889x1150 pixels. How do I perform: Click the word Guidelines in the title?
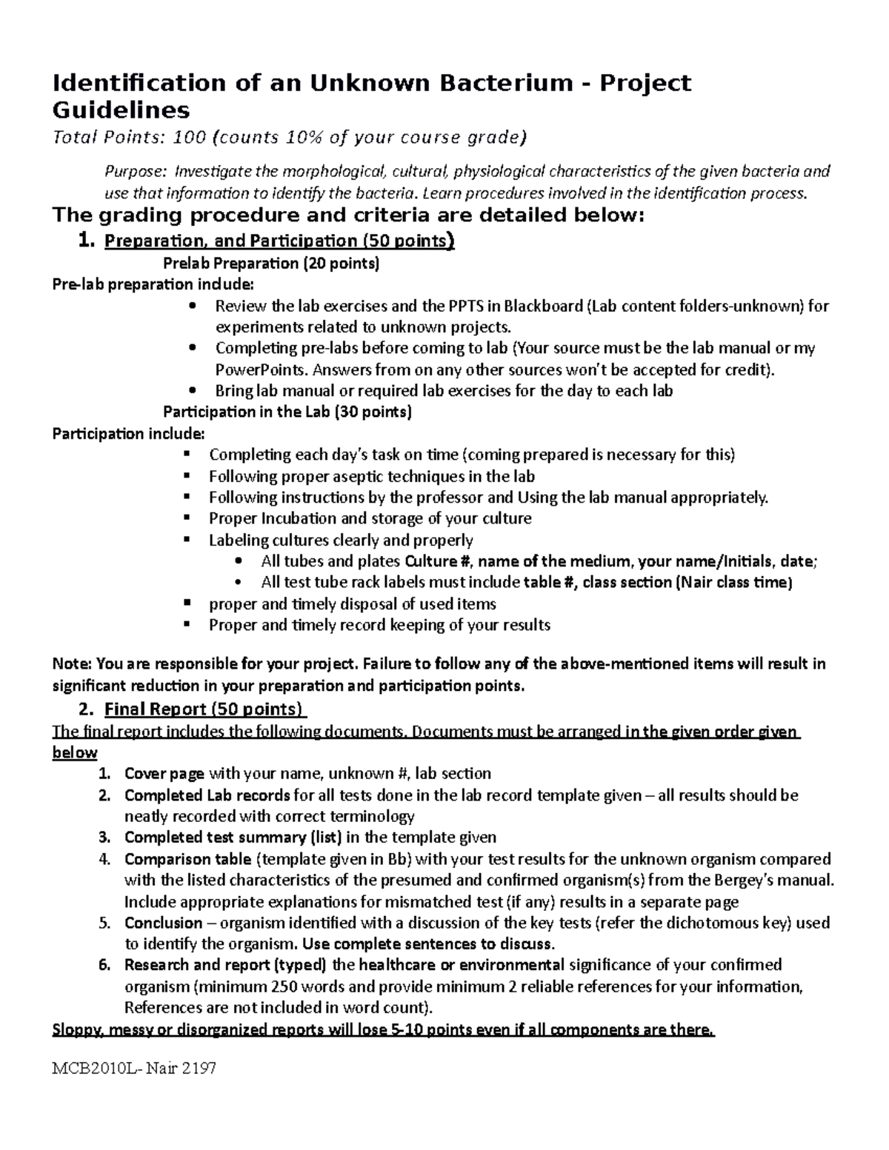click(121, 110)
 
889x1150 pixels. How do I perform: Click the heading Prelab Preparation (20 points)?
click(270, 263)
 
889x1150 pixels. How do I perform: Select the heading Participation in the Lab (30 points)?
click(287, 412)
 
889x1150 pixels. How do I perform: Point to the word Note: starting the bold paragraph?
click(72, 663)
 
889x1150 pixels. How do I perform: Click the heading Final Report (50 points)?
click(204, 709)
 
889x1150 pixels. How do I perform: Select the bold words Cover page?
click(164, 774)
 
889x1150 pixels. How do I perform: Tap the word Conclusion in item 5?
click(163, 923)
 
